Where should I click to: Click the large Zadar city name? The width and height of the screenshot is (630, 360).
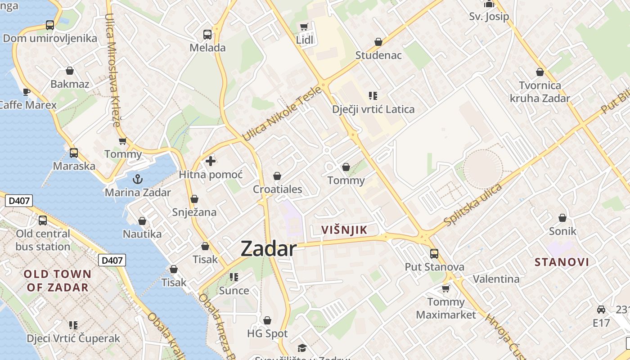coord(269,248)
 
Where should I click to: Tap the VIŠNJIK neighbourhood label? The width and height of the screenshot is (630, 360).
coord(344,230)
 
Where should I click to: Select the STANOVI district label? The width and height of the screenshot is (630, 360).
coord(562,262)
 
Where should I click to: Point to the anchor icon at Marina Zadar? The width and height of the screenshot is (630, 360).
coord(138,179)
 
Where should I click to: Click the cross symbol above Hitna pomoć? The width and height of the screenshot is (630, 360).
coord(210,161)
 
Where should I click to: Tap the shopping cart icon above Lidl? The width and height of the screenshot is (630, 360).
coord(304,27)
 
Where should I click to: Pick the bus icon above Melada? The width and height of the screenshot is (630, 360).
coord(207,34)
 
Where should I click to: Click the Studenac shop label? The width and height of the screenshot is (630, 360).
coord(378,55)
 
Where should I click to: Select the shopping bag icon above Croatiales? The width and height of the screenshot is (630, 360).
coord(277,176)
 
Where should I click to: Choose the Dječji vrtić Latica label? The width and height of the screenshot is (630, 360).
coord(373,109)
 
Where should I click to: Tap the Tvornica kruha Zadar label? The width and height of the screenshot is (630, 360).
coord(540,92)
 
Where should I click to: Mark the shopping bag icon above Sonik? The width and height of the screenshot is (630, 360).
coord(562,218)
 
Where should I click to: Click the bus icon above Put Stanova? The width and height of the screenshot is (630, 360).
coord(434,253)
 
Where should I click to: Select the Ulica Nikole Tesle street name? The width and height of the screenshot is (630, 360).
coord(282,113)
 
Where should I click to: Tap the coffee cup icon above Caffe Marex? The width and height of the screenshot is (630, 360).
coord(27,92)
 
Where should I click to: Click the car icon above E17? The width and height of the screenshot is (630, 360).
coord(601,309)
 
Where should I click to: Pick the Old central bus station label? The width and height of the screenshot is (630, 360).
coord(43,240)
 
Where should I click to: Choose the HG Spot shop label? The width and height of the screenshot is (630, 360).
coord(267,334)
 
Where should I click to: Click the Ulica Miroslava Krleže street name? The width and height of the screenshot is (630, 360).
coord(112,70)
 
